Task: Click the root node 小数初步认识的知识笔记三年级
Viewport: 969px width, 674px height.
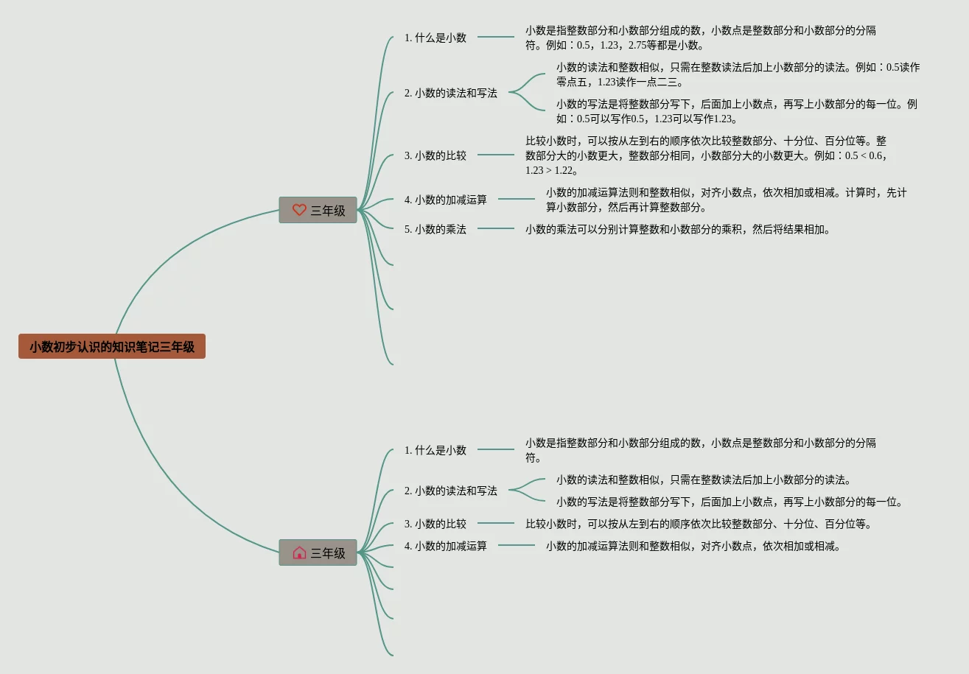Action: [112, 346]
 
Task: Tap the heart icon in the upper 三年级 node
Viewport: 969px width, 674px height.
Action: [298, 210]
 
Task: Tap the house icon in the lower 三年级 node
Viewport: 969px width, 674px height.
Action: [298, 552]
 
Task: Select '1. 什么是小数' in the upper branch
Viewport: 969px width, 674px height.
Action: [435, 38]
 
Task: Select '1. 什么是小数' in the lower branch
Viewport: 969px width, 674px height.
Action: [435, 450]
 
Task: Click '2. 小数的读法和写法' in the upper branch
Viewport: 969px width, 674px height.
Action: [451, 94]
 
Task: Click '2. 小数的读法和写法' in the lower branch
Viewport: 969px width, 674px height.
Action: [451, 491]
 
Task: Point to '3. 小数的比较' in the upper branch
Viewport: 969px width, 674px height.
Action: [435, 155]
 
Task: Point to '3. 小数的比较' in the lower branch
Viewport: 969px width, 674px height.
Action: [435, 524]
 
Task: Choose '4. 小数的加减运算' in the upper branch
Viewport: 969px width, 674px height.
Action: [446, 200]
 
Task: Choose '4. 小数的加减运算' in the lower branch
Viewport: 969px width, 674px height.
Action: [446, 547]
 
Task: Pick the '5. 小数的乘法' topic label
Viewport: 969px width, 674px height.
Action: [435, 229]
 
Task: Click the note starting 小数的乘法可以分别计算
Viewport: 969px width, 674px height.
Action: [678, 229]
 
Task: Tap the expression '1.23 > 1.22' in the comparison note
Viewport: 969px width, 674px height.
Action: [549, 171]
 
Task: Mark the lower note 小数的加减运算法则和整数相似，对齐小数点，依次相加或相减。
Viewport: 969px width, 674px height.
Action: [693, 547]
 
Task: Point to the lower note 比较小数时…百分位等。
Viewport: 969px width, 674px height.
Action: [699, 524]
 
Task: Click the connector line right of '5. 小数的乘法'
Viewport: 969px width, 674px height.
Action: [496, 228]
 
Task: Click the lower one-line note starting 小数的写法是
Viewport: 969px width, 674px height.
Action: [730, 502]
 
